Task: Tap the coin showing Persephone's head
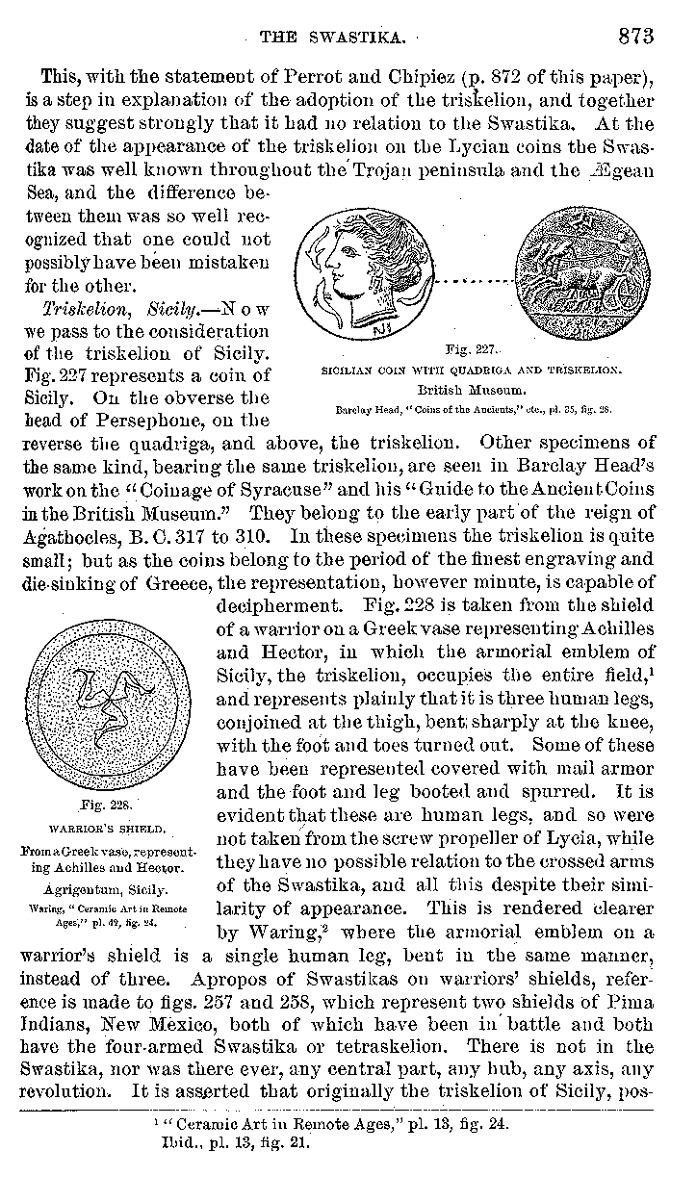click(355, 272)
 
